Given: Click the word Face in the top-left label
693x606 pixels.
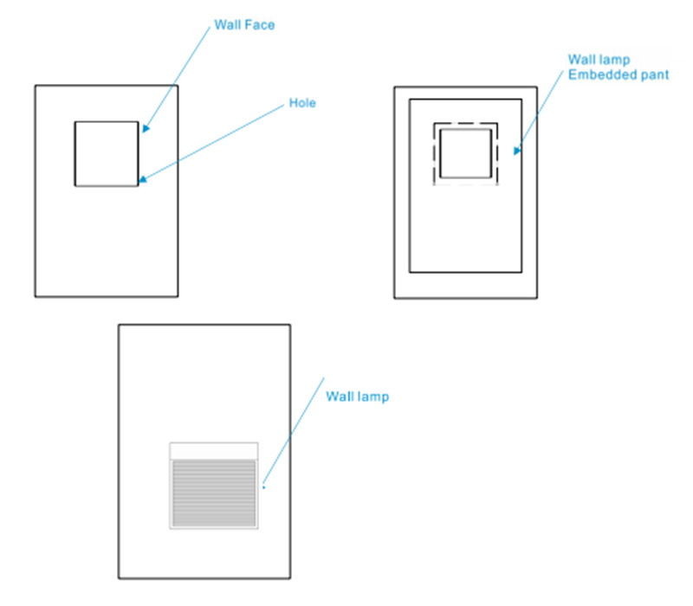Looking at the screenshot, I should [260, 26].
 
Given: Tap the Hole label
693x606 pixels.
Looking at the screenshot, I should [302, 103].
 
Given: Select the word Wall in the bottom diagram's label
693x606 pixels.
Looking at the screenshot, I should [340, 396].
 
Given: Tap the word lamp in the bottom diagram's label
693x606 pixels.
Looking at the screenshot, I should [372, 396].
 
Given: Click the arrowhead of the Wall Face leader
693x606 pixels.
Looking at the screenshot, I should [145, 129].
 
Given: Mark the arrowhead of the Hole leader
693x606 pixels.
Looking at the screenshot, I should [141, 180].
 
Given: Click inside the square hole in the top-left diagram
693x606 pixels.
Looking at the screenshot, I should [106, 153].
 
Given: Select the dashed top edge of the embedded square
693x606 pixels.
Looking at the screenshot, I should [466, 123].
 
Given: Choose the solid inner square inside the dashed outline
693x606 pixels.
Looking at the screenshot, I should [466, 153].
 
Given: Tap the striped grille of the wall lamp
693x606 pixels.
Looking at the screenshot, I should [214, 493].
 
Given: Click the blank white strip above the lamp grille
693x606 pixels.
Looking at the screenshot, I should [214, 450].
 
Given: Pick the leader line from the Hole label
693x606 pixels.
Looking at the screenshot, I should [217, 142].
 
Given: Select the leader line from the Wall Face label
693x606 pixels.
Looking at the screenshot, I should [178, 78].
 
